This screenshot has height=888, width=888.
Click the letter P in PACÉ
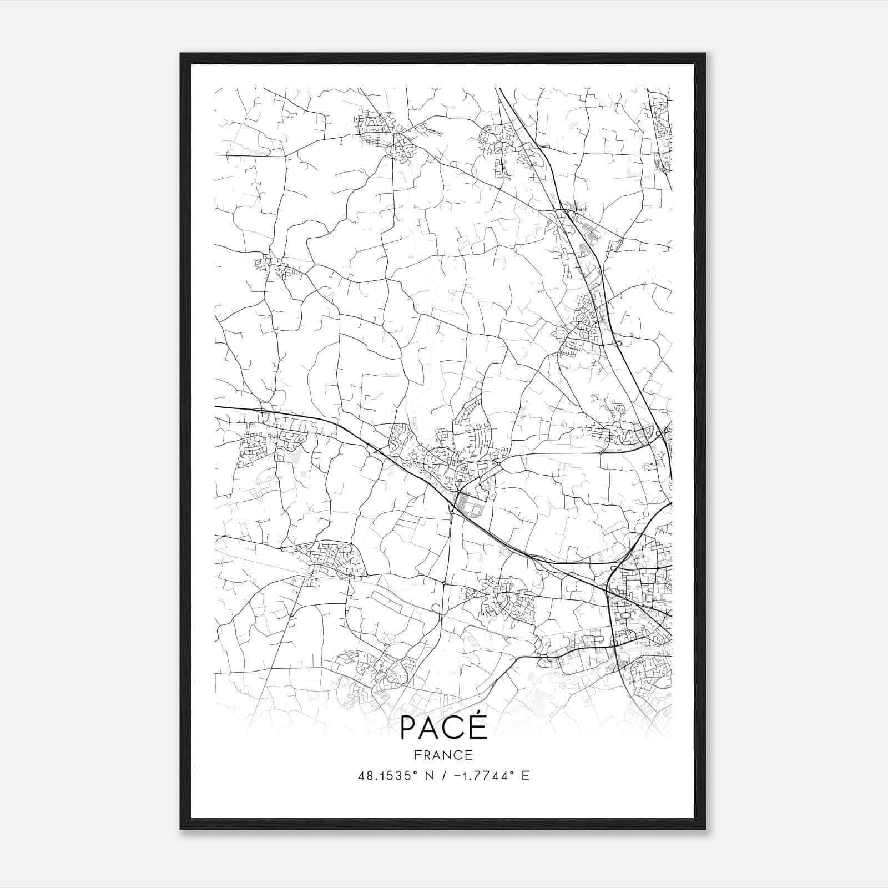(x=410, y=728)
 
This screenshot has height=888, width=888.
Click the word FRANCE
(x=443, y=755)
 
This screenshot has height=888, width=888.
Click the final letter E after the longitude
(x=526, y=775)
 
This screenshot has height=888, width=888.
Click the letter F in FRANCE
(x=417, y=755)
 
